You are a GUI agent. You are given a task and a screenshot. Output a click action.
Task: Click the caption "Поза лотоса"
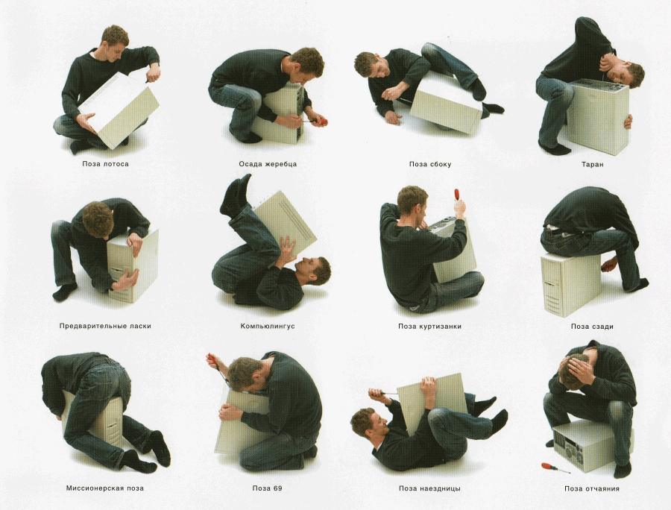point(105,164)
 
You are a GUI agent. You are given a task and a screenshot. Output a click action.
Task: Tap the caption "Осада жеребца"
point(268,164)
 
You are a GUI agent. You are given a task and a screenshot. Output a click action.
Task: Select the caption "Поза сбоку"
point(430,164)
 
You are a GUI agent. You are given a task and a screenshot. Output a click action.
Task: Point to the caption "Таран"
point(593,164)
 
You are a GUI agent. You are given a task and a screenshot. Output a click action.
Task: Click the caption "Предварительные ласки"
point(105,326)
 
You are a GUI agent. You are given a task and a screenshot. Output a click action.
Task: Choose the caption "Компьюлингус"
point(268,326)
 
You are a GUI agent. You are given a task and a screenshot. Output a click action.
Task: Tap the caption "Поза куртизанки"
point(429,327)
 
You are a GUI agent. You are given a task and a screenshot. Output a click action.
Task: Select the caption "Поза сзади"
point(592,327)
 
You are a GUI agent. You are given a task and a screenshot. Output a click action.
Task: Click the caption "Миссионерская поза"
point(105,488)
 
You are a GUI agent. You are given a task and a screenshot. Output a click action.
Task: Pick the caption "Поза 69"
point(268,488)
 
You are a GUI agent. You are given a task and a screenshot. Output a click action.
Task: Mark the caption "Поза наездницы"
point(429,488)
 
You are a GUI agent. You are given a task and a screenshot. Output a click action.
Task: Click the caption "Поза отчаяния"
point(592,488)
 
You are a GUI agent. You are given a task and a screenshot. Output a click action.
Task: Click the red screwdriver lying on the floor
point(555,467)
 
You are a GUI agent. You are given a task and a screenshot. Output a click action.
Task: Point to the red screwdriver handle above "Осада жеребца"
point(322,122)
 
